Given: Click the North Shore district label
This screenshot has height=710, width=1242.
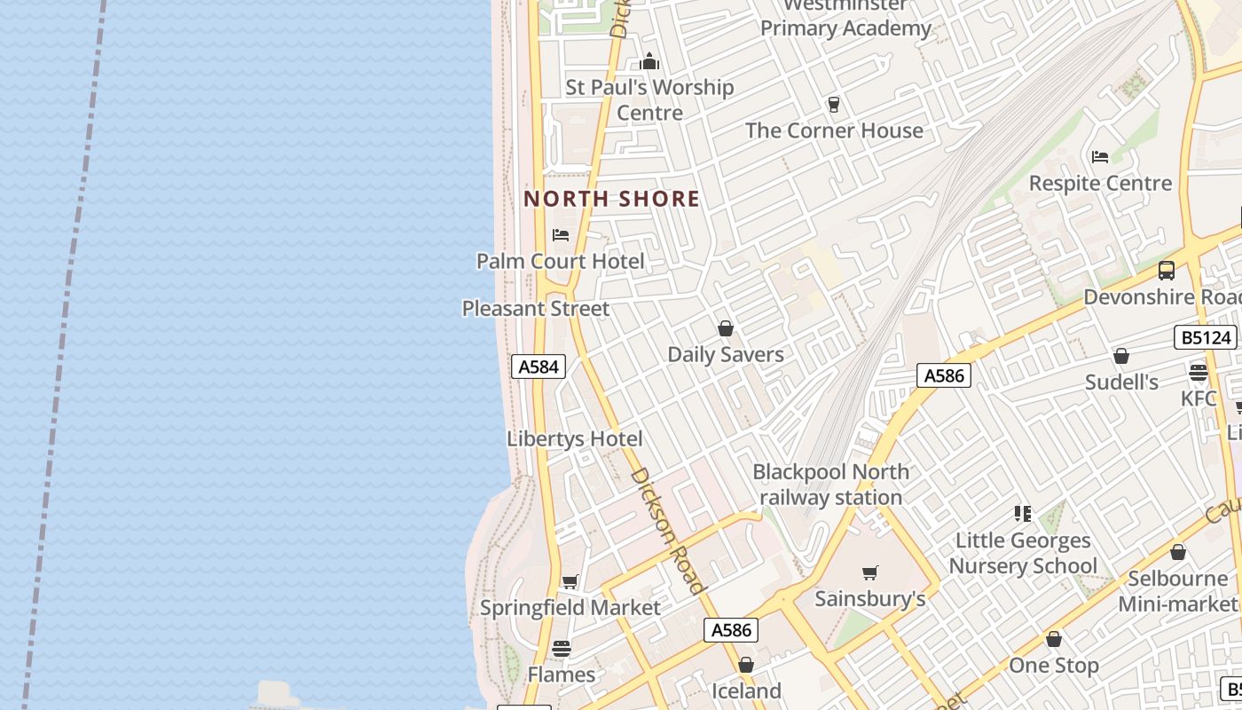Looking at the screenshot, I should [x=611, y=199].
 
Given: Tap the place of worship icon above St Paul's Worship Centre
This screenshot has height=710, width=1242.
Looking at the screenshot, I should [x=649, y=62].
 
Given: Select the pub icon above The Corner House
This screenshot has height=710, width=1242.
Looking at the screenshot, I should [x=833, y=105].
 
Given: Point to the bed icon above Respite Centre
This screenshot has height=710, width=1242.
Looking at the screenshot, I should [x=1100, y=157].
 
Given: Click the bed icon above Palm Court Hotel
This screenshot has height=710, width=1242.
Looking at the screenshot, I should [x=561, y=235].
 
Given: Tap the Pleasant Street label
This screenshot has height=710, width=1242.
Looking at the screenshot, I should [x=536, y=309].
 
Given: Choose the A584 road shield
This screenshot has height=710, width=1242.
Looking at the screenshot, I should [x=538, y=367].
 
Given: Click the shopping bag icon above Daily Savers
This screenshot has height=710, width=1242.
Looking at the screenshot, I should [x=726, y=328].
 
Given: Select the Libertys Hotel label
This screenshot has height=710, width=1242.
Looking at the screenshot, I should [x=575, y=438].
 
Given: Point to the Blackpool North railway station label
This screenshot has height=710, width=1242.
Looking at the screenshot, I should [x=831, y=485].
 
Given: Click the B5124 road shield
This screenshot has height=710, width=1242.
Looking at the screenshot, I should [x=1207, y=337].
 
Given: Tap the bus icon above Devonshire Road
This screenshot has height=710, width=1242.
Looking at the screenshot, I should [x=1167, y=271].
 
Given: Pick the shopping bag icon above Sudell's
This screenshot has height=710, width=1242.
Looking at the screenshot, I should [x=1121, y=356].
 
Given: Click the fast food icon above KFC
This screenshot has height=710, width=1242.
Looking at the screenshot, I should [x=1199, y=373].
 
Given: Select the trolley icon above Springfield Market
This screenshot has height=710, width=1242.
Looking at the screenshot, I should [x=570, y=582].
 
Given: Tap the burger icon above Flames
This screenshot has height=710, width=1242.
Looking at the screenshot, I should [x=562, y=649].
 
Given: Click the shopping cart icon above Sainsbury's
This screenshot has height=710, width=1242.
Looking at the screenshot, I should [x=870, y=573].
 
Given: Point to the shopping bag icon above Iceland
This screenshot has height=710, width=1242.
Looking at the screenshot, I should [x=746, y=665].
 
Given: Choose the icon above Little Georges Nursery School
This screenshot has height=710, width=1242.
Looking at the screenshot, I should [x=1023, y=514].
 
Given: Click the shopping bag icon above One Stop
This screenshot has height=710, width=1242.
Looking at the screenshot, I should [x=1054, y=639].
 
